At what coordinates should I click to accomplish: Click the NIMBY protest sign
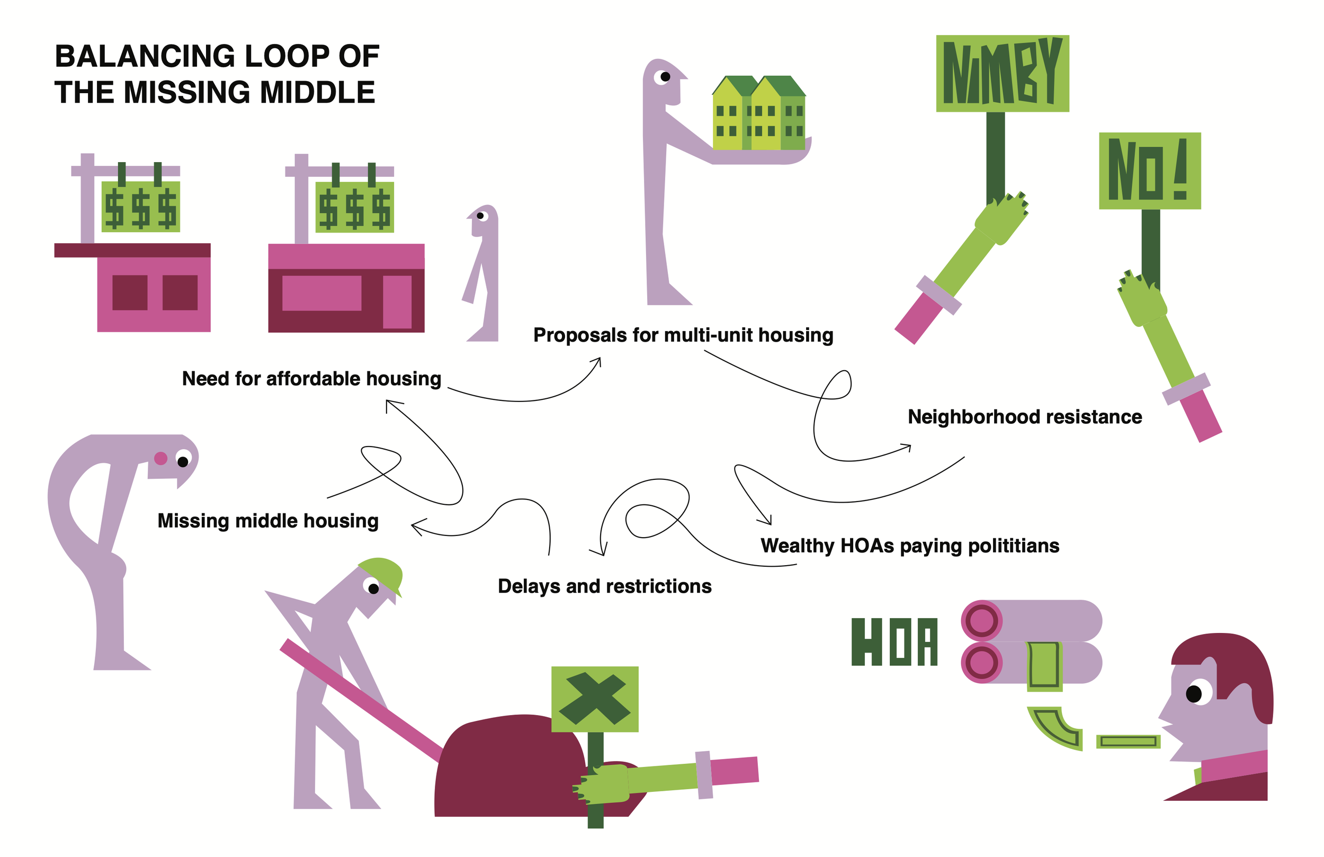pos(1002,73)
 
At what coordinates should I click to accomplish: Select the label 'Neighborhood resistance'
pos(1024,417)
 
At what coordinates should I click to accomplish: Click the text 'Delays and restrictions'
pos(604,586)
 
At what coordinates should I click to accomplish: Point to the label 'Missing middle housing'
pos(267,521)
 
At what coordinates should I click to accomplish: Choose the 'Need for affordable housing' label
pos(311,378)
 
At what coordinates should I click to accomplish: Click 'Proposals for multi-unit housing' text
pos(683,335)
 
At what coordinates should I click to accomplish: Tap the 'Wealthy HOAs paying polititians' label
pos(909,546)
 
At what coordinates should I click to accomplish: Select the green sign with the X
pos(594,699)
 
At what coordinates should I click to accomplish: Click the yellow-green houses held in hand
pos(759,114)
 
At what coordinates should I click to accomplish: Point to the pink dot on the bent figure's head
pos(161,458)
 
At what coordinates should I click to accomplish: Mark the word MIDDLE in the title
pos(317,92)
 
